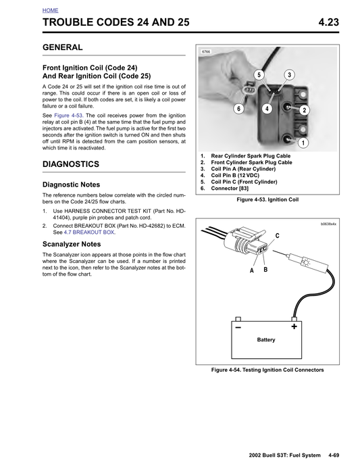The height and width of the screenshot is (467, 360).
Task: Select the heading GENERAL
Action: click(x=62, y=48)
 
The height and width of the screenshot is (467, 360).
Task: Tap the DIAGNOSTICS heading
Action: click(x=70, y=164)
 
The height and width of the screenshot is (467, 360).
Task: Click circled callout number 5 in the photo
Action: click(x=259, y=74)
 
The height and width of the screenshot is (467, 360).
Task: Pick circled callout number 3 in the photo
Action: click(x=289, y=74)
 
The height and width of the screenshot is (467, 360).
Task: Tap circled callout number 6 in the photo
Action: click(x=238, y=109)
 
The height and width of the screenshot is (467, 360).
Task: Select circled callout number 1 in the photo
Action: click(x=303, y=143)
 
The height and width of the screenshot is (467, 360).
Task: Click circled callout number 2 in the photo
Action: click(x=304, y=110)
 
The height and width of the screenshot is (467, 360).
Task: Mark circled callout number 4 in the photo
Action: click(x=267, y=109)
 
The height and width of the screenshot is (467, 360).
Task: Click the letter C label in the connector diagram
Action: click(x=276, y=235)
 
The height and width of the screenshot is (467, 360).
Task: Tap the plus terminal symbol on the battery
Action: click(x=294, y=326)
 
